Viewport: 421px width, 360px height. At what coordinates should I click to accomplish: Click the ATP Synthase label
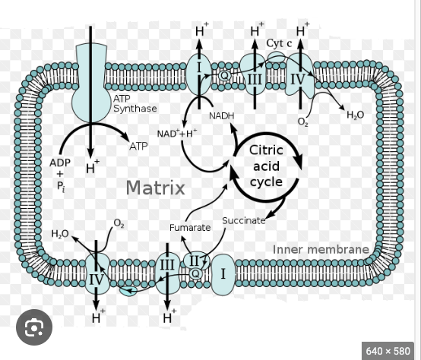[x=135, y=103]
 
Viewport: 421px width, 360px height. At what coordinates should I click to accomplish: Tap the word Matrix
[x=156, y=188]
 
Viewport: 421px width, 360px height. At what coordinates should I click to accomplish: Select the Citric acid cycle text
[x=266, y=166]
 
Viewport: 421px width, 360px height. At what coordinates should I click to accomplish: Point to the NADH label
[x=221, y=116]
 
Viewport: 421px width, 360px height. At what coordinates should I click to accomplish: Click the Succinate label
[x=244, y=220]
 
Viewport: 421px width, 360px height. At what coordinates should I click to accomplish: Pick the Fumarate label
[x=190, y=228]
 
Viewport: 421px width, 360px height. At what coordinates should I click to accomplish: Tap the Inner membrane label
[x=321, y=249]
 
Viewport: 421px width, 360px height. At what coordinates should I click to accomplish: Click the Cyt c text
[x=279, y=43]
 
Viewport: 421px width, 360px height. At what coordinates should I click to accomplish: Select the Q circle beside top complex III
[x=224, y=76]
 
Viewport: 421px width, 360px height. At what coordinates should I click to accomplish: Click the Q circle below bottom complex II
[x=196, y=273]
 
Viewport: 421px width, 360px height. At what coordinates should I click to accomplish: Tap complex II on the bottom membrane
[x=196, y=261]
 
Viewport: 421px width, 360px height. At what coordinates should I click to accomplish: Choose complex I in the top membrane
[x=198, y=74]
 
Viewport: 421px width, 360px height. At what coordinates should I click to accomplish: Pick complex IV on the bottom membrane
[x=97, y=273]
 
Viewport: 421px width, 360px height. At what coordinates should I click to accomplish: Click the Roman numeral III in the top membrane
[x=254, y=80]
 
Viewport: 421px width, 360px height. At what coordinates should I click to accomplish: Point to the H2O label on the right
[x=355, y=115]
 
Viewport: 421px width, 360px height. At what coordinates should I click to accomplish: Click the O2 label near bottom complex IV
[x=119, y=223]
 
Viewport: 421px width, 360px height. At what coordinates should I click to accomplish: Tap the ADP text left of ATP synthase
[x=60, y=163]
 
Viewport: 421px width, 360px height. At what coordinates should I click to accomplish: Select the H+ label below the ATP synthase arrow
[x=93, y=167]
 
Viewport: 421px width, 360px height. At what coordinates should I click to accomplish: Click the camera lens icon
[x=34, y=327]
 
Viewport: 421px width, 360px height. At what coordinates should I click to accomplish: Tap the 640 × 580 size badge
[x=388, y=351]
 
